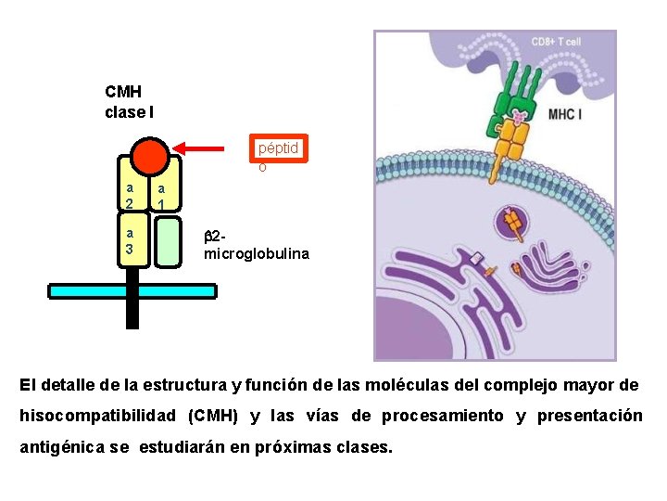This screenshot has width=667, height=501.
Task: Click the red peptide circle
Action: coord(148,156)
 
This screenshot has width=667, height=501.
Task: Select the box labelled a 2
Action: coord(131,196)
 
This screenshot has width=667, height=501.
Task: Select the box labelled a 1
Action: coord(165,196)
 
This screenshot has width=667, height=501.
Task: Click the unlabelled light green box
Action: coord(167,241)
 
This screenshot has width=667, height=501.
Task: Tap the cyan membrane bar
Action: coord(132,291)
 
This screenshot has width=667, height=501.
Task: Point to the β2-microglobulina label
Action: coord(257,245)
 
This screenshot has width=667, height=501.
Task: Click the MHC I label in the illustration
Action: coord(565,115)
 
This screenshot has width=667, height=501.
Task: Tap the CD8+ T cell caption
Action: coord(556,42)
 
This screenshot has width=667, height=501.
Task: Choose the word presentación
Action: coord(589,416)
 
